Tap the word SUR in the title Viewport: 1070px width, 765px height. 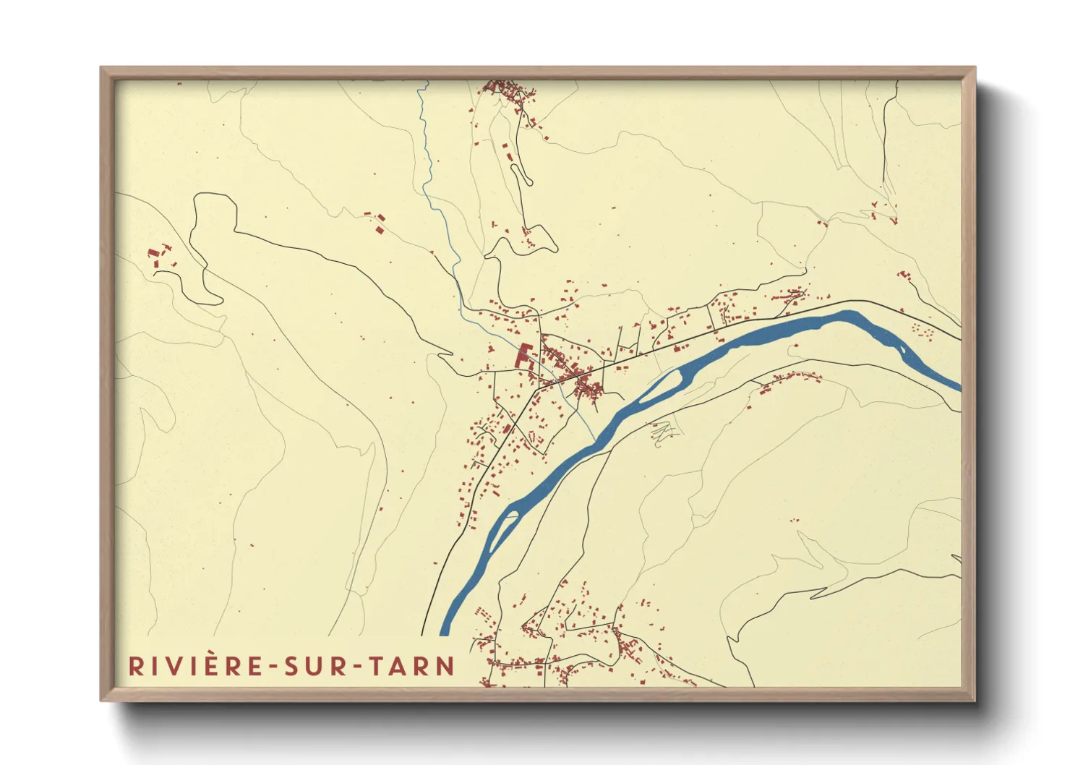click(314, 666)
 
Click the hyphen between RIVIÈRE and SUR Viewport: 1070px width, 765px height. click(273, 667)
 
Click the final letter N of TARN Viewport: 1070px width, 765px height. click(445, 666)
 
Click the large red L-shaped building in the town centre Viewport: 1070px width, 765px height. click(522, 356)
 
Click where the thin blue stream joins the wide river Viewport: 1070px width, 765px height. click(595, 439)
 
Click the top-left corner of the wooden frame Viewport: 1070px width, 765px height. click(101, 68)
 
